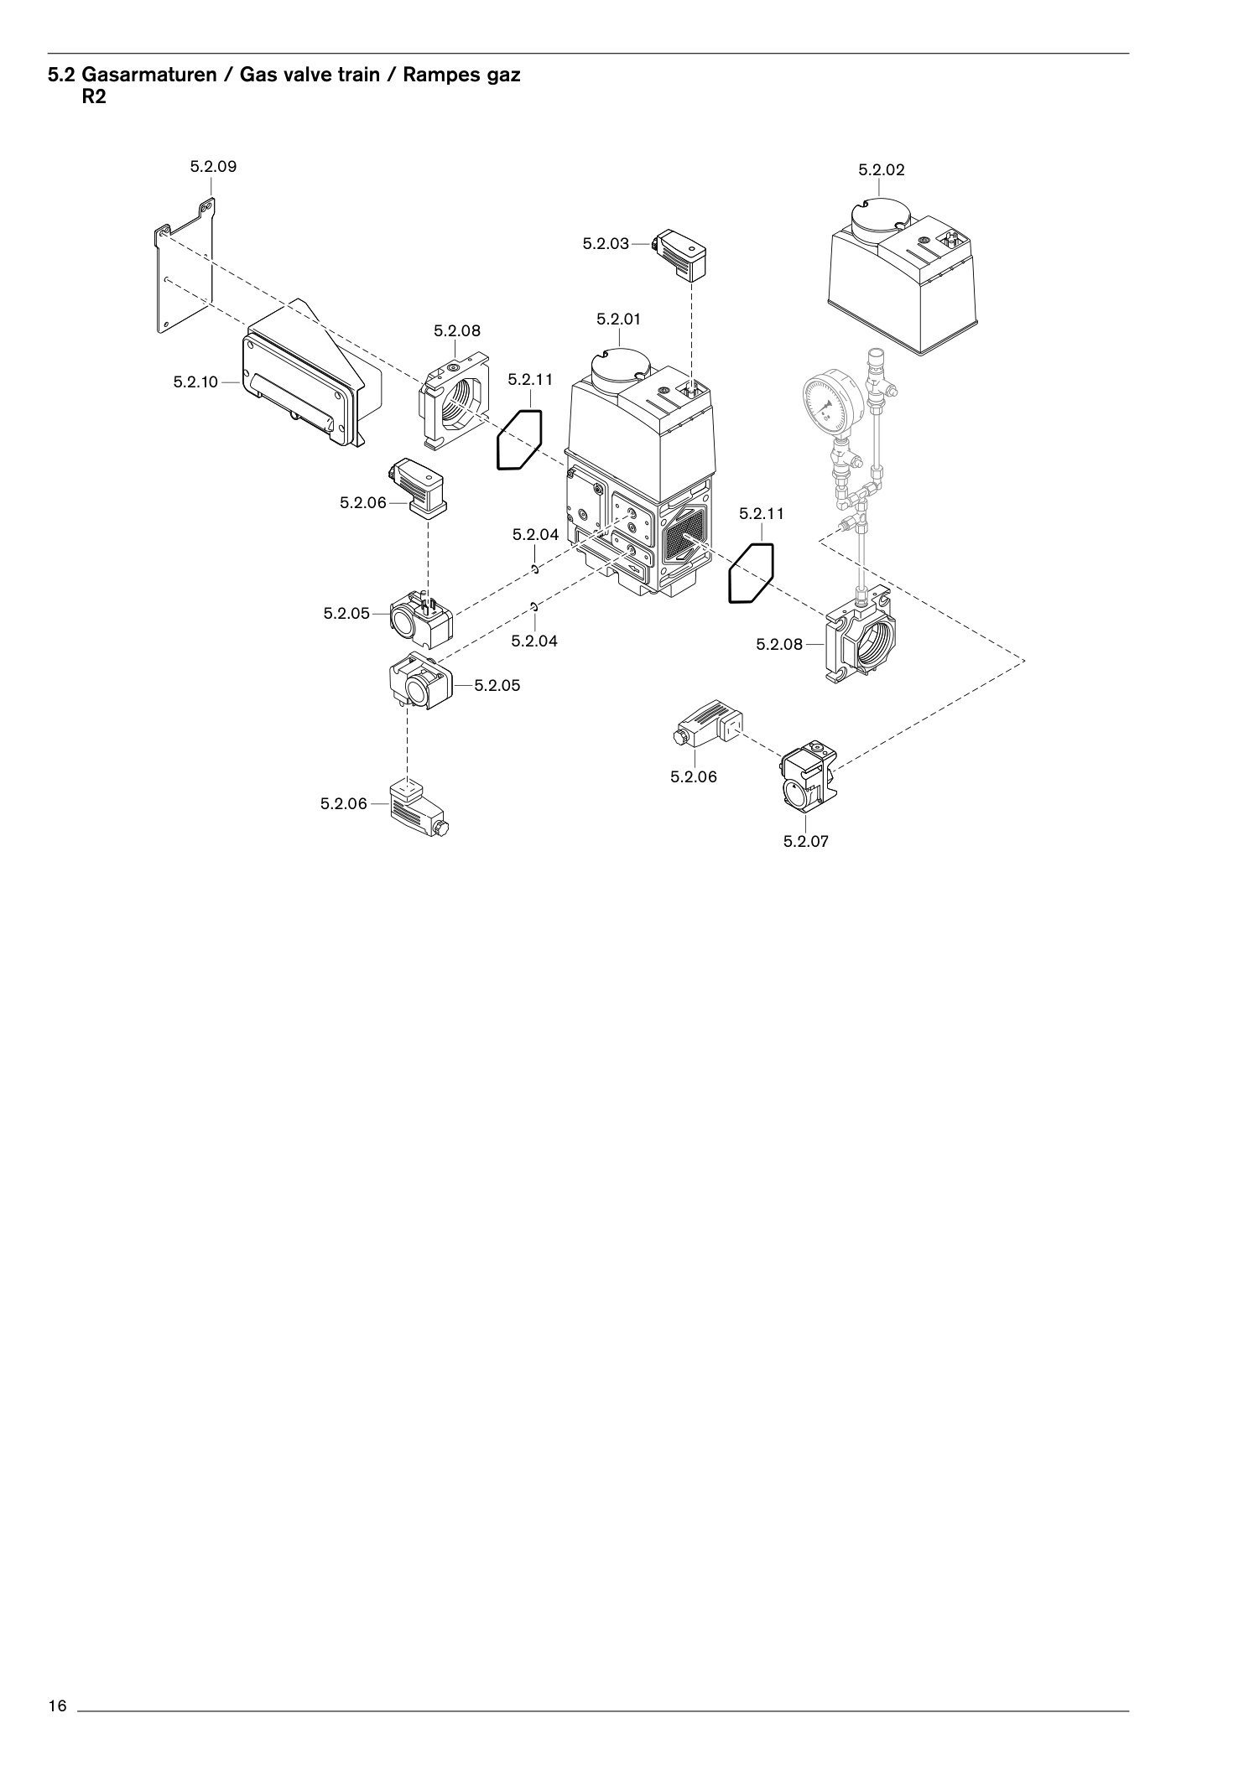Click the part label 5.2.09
point(213,166)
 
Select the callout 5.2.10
point(195,382)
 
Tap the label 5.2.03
point(606,244)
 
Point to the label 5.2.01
point(619,319)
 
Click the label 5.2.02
point(882,169)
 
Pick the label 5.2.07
point(806,841)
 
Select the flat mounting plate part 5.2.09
point(185,267)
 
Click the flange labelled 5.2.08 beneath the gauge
point(861,636)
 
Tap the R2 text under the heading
point(94,96)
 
